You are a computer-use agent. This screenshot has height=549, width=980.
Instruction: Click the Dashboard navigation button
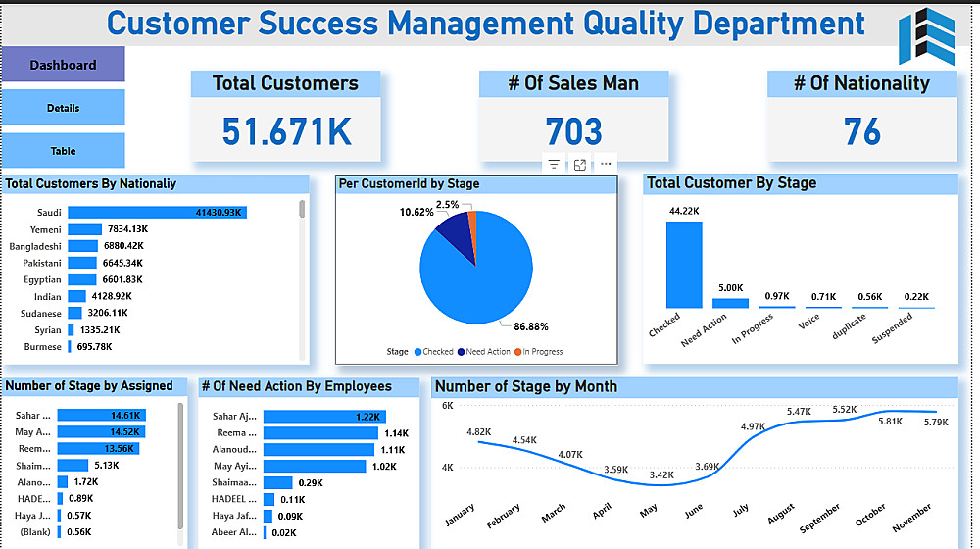point(63,65)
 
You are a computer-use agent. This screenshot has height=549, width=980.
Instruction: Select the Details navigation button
point(63,108)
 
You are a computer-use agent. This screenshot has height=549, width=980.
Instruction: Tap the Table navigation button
point(63,151)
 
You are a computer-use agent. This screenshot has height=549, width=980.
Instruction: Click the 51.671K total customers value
point(286,131)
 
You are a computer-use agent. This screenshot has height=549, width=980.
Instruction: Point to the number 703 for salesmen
point(573,131)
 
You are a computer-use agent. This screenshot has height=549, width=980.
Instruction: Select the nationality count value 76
point(861,131)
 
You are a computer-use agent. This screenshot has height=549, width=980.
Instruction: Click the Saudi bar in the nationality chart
point(157,213)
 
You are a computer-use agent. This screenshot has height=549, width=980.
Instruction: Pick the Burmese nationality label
point(42,347)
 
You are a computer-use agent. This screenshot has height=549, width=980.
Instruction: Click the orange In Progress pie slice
point(471,219)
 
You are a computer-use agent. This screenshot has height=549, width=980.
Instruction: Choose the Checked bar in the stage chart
point(684,265)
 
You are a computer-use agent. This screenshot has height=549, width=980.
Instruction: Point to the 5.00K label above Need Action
point(730,288)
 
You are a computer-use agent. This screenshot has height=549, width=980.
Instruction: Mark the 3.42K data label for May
point(661,475)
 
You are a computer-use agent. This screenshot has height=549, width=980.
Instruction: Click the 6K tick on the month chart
point(446,406)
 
